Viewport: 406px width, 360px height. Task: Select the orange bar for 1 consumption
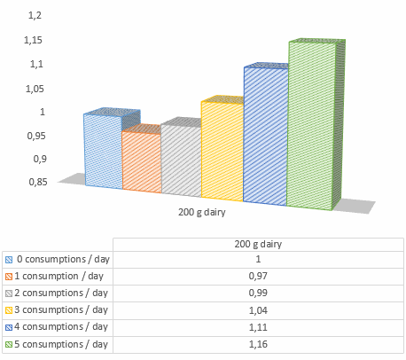[x=141, y=162]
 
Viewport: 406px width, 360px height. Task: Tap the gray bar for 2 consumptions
[x=181, y=160]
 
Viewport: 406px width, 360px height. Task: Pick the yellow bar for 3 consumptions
[x=222, y=151]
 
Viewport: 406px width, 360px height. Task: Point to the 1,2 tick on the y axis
[x=35, y=16]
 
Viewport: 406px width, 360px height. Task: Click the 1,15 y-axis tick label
[x=34, y=40]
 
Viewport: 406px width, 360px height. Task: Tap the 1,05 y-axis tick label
[x=34, y=88]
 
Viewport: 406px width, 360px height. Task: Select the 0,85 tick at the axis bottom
[x=34, y=182]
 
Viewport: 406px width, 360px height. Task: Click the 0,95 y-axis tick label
[x=34, y=135]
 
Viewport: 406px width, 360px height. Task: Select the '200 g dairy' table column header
[x=258, y=244]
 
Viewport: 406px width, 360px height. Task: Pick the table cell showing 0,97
[x=258, y=276]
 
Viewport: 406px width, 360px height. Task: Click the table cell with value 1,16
[x=258, y=343]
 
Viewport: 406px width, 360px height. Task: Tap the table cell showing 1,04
[x=258, y=309]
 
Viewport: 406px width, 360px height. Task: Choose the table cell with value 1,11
[x=258, y=326]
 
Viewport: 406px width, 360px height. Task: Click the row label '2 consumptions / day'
[x=62, y=293]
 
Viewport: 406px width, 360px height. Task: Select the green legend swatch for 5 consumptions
[x=9, y=344]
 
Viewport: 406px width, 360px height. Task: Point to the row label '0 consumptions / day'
[x=62, y=259]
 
